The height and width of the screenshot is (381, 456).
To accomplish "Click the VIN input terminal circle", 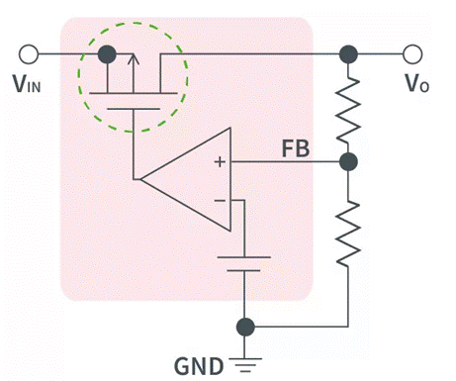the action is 29,54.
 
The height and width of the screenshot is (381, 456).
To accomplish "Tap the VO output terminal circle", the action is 412,54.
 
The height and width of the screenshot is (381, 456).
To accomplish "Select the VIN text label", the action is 27,83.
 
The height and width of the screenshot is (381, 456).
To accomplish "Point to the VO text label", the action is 417,83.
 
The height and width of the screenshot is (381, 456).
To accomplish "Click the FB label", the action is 296,148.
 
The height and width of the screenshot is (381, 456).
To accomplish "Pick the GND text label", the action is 199,366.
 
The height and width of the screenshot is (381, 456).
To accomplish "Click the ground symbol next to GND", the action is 244,365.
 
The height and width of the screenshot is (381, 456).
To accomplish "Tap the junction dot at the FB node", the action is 348,161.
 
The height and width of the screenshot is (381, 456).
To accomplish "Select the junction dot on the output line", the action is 348,54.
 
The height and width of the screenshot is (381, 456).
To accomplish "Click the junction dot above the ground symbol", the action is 245,327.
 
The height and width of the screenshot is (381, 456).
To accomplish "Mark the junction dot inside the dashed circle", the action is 107,54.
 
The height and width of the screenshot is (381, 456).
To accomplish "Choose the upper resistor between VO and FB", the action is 348,110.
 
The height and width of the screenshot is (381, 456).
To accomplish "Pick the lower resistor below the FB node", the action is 348,234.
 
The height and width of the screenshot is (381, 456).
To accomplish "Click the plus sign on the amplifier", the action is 220,162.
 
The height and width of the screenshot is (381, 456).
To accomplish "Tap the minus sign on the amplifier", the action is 220,200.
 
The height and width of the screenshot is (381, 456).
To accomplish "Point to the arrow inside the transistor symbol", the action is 134,73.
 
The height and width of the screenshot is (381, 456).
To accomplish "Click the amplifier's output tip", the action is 141,179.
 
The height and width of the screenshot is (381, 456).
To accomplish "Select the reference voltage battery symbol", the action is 244,264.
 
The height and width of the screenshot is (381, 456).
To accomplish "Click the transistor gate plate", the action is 134,109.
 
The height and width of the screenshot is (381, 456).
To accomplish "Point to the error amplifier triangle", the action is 186,179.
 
